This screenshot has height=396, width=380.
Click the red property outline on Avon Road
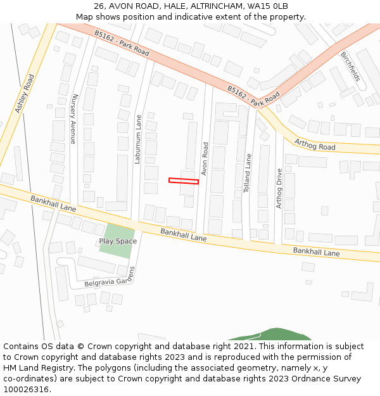[184, 181]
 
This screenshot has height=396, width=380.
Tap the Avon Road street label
[205, 159]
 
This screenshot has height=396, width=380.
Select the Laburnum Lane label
[137, 139]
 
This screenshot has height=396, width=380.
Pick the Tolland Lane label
[248, 173]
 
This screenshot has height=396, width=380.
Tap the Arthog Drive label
[279, 188]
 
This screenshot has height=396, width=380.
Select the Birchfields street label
[350, 67]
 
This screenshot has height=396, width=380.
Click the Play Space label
[118, 241]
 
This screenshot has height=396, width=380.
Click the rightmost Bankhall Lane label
[316, 252]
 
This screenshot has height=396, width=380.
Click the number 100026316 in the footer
[27, 389]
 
